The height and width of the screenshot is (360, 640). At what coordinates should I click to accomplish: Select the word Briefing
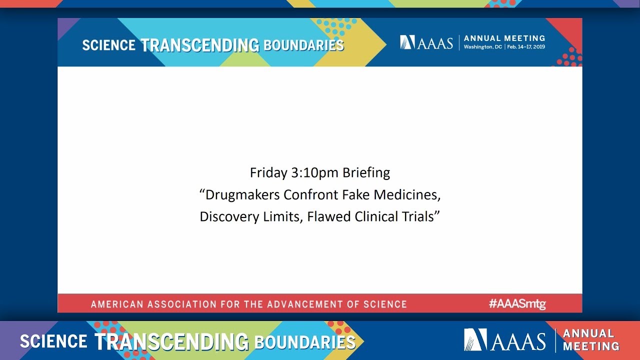coord(366,173)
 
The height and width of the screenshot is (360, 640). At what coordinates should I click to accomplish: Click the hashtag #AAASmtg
coord(517,303)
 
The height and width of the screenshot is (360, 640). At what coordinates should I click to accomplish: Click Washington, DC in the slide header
coord(483,47)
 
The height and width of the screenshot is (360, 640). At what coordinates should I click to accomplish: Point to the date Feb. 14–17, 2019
coord(526,47)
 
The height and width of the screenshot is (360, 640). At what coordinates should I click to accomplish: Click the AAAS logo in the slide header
coord(426,42)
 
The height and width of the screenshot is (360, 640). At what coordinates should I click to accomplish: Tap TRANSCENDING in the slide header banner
coord(200,45)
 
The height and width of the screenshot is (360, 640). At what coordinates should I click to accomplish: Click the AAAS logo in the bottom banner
coord(504,340)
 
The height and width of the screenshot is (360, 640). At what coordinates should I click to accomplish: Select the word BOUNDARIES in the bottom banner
coord(304,342)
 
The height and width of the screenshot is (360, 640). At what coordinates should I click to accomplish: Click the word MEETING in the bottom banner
coord(591,346)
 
